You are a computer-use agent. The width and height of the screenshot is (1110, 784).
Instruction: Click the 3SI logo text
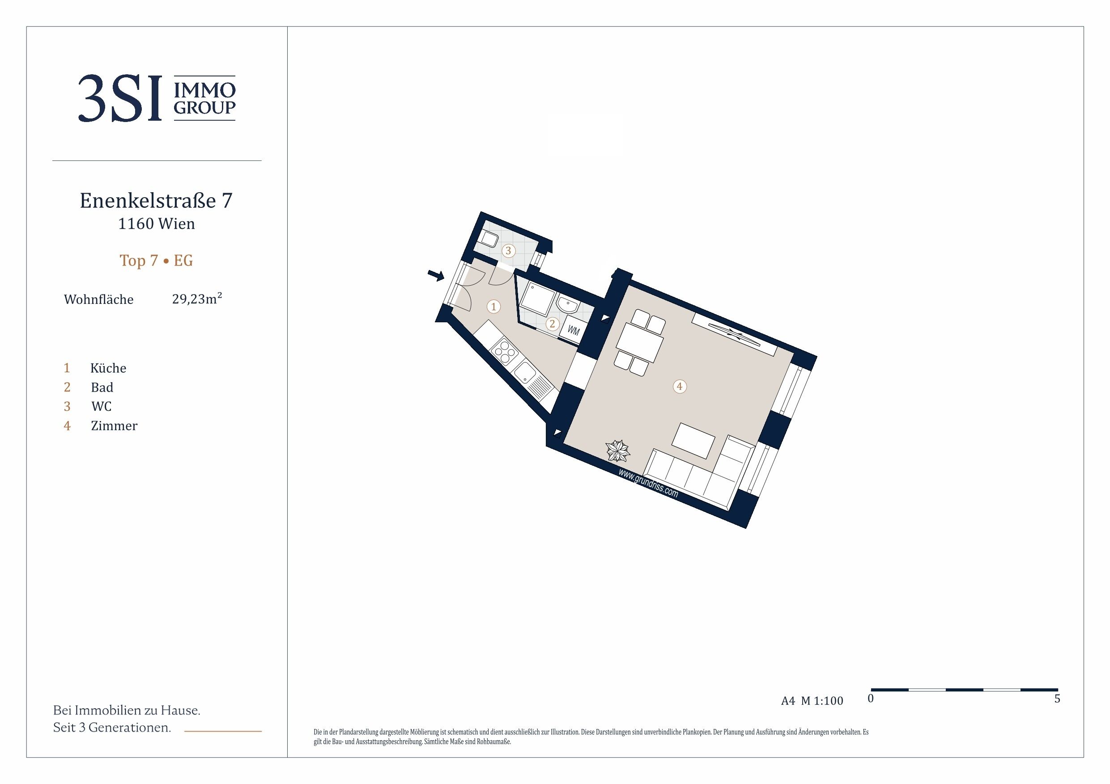[x=119, y=97]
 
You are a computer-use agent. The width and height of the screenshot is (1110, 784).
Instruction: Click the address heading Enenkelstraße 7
[x=156, y=200]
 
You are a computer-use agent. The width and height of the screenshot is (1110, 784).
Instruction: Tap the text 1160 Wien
[x=157, y=223]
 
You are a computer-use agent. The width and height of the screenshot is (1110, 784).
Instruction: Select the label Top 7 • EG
[x=156, y=261]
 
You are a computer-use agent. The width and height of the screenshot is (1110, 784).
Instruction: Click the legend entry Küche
[x=108, y=368]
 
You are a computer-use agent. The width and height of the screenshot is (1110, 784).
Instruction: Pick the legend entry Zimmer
[x=114, y=426]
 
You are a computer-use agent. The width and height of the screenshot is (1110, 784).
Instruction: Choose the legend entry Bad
[x=102, y=388]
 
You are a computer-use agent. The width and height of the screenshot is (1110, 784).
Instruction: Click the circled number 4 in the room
[x=680, y=387]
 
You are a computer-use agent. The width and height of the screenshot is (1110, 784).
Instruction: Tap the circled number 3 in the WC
[x=508, y=251]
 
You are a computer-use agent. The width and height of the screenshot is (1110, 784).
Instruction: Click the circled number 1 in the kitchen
[x=493, y=306]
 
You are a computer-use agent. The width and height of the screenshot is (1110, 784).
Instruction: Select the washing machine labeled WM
[x=573, y=330]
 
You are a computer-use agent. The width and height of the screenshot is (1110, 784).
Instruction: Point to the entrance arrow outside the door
[x=436, y=275]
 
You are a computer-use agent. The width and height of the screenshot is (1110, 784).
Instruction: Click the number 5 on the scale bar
[x=1057, y=699]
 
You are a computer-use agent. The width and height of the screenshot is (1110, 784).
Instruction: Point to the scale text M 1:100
[x=822, y=701]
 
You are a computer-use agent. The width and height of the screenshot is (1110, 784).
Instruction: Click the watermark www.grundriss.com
[x=648, y=483]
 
